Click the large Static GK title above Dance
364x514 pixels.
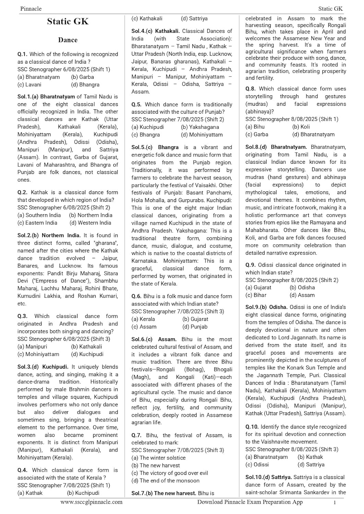tap(68, 22)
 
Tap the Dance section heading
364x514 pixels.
tap(68, 40)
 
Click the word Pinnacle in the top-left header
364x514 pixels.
tap(31, 9)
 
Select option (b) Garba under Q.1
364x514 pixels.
tap(82, 77)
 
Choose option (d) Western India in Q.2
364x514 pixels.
tap(90, 223)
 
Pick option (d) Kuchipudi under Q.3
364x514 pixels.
tap(87, 354)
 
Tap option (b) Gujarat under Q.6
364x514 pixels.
tap(195, 319)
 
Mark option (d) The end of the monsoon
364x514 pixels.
tap(165, 480)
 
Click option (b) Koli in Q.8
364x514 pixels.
tap(301, 127)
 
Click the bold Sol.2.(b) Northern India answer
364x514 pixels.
tap(49, 235)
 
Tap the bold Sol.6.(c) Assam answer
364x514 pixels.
tap(154, 339)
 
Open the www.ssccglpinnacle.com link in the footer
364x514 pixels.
tap(91, 502)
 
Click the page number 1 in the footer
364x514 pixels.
tap(334, 502)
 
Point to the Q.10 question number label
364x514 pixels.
tap(252, 427)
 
